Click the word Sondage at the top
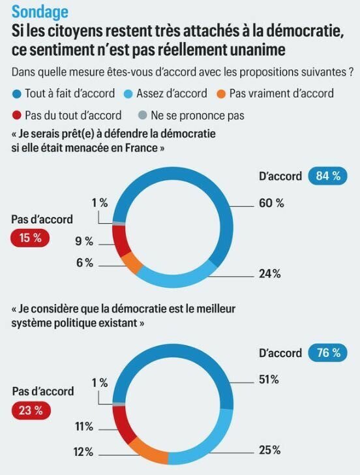38,12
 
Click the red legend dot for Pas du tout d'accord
16,115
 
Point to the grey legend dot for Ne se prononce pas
143,115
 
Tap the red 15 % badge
30,238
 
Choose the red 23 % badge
30,410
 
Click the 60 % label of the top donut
271,204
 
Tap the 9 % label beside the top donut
85,241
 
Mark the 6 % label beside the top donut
85,263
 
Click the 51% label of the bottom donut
269,379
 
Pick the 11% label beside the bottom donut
83,427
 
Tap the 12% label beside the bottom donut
83,452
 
